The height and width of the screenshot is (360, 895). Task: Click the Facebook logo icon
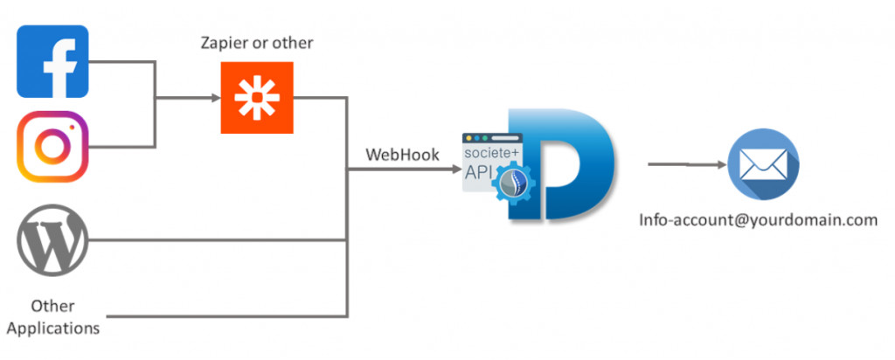point(52,62)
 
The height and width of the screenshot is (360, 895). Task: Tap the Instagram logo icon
point(52,146)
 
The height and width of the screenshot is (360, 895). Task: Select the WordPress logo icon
point(52,240)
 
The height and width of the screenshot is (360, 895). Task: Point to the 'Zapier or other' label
point(256,42)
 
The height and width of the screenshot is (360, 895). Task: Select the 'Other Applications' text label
point(52,317)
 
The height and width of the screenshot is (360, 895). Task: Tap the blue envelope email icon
point(763,163)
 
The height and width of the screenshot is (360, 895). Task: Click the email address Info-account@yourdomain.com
point(758,220)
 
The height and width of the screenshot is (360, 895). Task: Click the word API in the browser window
point(480,174)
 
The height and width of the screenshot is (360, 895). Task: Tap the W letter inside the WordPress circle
point(52,240)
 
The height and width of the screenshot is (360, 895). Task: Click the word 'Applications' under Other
point(52,329)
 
